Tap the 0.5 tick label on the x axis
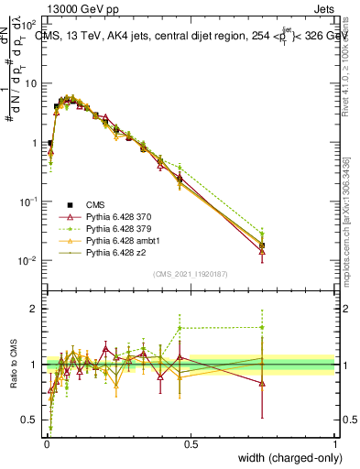191,444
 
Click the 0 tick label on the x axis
46,444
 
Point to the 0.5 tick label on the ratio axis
30,420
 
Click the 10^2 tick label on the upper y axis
27,26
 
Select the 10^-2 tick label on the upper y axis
27,260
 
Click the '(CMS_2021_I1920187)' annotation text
191,273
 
